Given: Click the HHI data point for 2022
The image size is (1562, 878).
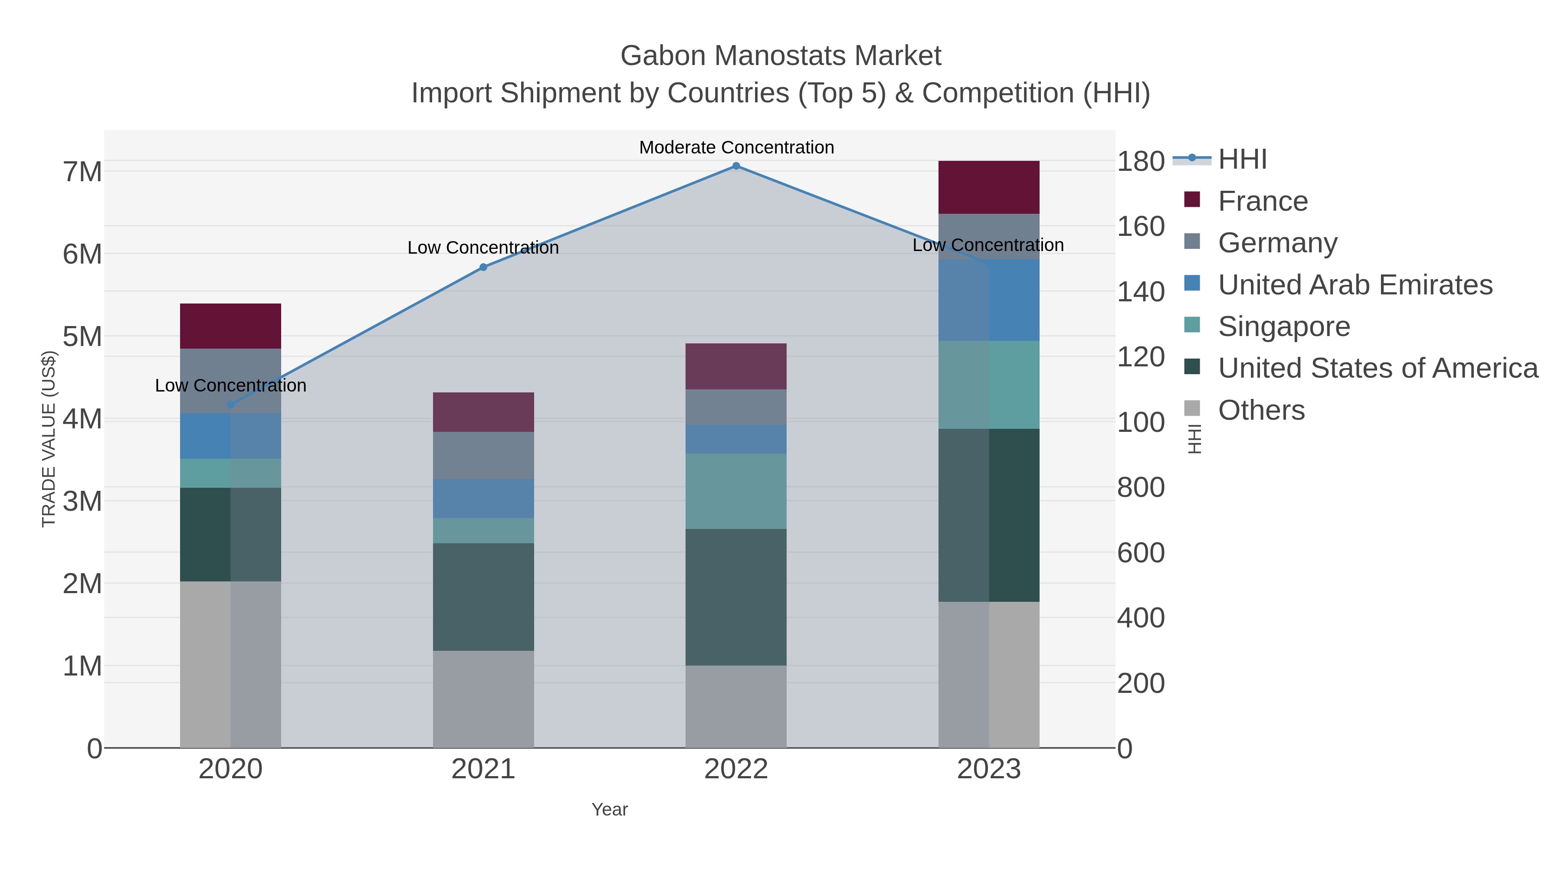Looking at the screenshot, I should [736, 166].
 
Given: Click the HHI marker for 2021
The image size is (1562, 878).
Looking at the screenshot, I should [483, 267].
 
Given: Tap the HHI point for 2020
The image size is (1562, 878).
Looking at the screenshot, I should [230, 405].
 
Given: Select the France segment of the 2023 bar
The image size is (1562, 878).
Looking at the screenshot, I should [989, 187].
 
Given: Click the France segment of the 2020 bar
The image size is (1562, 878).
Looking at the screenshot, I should [230, 326].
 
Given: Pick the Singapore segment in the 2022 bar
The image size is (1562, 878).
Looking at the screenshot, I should [736, 491].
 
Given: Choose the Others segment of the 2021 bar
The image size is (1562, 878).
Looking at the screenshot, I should [483, 699].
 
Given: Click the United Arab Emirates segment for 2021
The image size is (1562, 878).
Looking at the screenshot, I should [483, 499].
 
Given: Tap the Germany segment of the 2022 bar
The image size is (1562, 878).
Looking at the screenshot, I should [736, 407].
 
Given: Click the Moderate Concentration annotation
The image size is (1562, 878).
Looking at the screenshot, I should [736, 147].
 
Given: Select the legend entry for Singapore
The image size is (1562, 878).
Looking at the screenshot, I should [1284, 326].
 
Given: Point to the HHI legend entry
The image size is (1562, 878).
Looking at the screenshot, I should [1242, 160].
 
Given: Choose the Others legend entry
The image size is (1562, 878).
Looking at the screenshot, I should [1261, 410].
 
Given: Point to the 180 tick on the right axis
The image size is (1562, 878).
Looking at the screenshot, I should [1141, 162].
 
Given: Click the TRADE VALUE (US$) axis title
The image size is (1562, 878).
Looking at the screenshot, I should [49, 439].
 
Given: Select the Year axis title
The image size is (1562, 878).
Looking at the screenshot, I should [610, 809].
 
